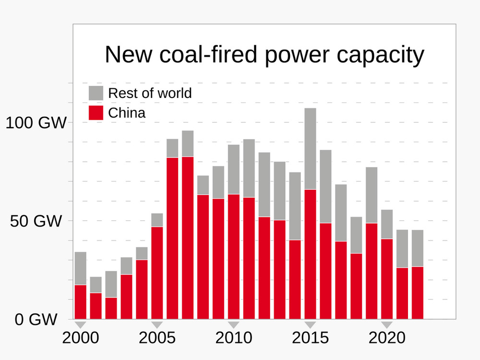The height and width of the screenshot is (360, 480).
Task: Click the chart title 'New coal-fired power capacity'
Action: (x=264, y=55)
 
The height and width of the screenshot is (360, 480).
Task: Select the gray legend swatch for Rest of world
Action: (x=96, y=93)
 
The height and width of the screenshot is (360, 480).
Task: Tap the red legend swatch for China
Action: (x=96, y=113)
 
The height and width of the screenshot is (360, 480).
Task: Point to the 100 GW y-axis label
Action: (x=36, y=123)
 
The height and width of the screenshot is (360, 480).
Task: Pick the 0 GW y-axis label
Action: (x=36, y=320)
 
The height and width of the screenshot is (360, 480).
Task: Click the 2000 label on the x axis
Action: (x=81, y=338)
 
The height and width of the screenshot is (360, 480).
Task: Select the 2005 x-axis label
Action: (x=157, y=338)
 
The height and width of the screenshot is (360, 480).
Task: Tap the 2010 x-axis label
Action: (x=234, y=338)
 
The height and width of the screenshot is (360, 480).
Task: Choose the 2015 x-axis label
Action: (x=311, y=338)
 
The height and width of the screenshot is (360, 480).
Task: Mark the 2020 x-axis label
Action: (x=387, y=338)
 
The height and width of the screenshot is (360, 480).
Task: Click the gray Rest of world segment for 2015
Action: (x=311, y=149)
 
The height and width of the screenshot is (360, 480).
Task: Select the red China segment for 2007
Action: (x=188, y=238)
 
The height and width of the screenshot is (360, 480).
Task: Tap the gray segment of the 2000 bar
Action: (x=81, y=268)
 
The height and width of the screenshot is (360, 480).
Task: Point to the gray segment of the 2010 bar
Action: (x=234, y=169)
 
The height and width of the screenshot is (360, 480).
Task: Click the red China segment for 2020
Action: (x=387, y=279)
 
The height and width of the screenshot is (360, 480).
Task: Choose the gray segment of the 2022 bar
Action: (x=418, y=248)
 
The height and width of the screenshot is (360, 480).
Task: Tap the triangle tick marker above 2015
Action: (x=311, y=324)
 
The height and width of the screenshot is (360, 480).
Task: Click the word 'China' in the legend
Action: (x=127, y=113)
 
